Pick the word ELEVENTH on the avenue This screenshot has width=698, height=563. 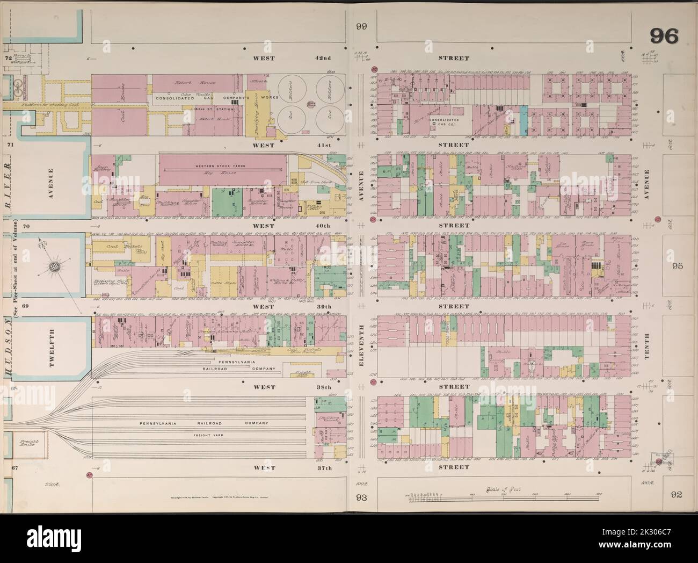(x=363, y=344)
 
